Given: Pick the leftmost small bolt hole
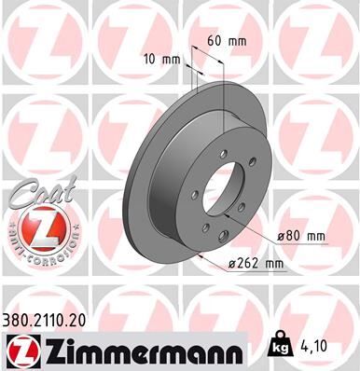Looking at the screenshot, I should tap(194, 195).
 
